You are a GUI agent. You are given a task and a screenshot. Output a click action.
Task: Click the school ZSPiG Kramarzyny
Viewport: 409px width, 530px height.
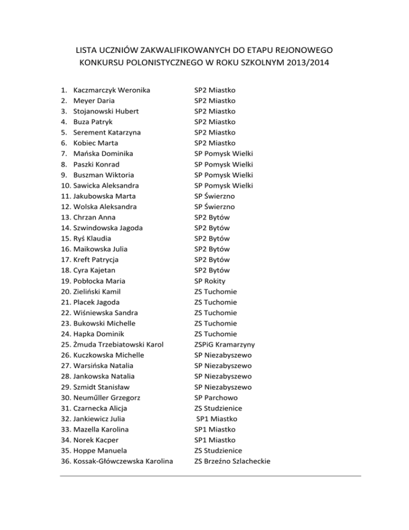[227, 344]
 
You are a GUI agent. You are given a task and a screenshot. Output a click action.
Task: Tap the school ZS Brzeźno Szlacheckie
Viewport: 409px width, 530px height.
[232, 461]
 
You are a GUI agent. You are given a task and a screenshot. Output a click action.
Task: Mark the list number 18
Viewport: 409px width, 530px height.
[66, 270]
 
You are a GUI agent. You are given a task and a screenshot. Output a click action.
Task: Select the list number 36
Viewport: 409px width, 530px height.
[66, 461]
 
